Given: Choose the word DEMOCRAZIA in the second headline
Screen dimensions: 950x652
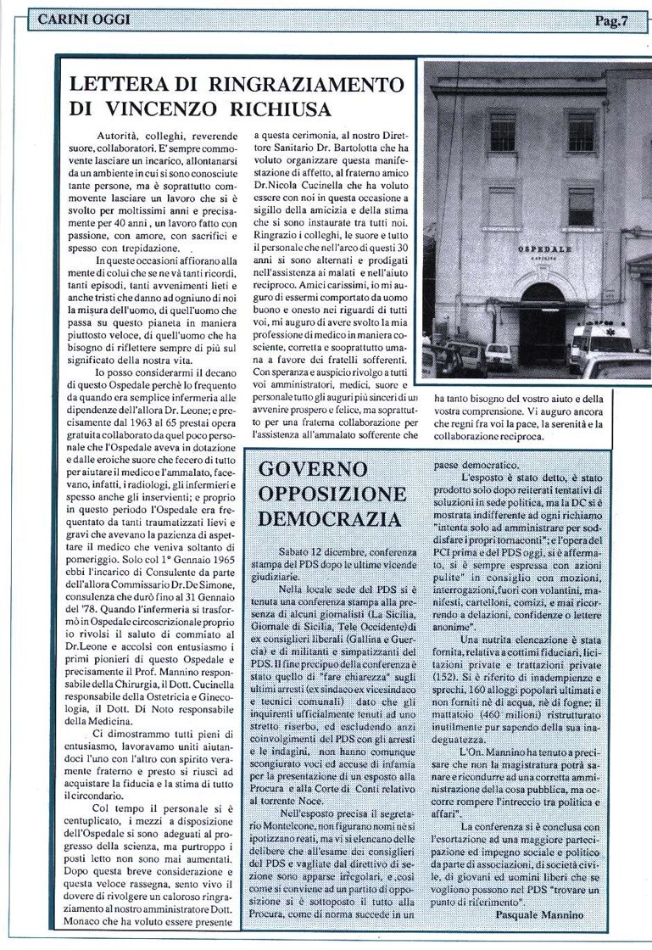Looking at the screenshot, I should click(x=318, y=518).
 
